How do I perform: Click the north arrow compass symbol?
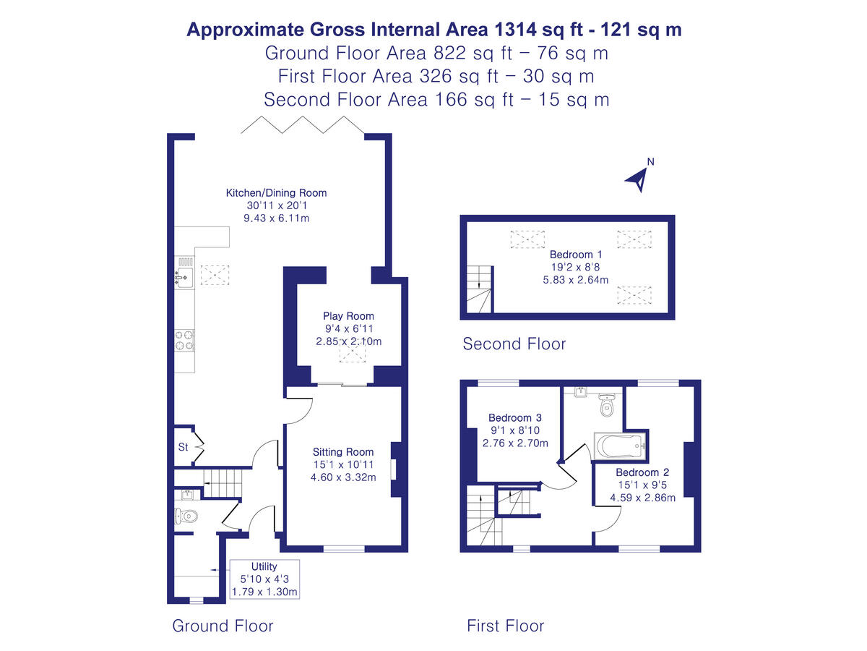click(x=637, y=178)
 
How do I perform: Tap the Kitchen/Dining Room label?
click(x=276, y=193)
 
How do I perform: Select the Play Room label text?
click(x=348, y=316)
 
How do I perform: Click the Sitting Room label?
click(x=343, y=452)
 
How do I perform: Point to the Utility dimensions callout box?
click(x=264, y=579)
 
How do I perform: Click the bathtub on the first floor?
click(x=618, y=445)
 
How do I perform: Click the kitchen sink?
click(x=184, y=276)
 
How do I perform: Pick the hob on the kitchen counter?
click(x=184, y=340)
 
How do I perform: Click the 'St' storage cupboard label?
click(x=183, y=448)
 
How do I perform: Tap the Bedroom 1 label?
click(x=576, y=255)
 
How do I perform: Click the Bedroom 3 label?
click(x=515, y=418)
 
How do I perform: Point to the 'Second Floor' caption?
click(x=514, y=344)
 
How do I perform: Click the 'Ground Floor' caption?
click(x=223, y=626)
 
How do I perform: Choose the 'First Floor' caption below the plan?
click(x=505, y=626)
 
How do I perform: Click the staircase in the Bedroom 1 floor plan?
click(x=478, y=289)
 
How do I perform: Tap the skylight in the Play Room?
click(x=354, y=352)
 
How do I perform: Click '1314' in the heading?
click(x=516, y=30)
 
